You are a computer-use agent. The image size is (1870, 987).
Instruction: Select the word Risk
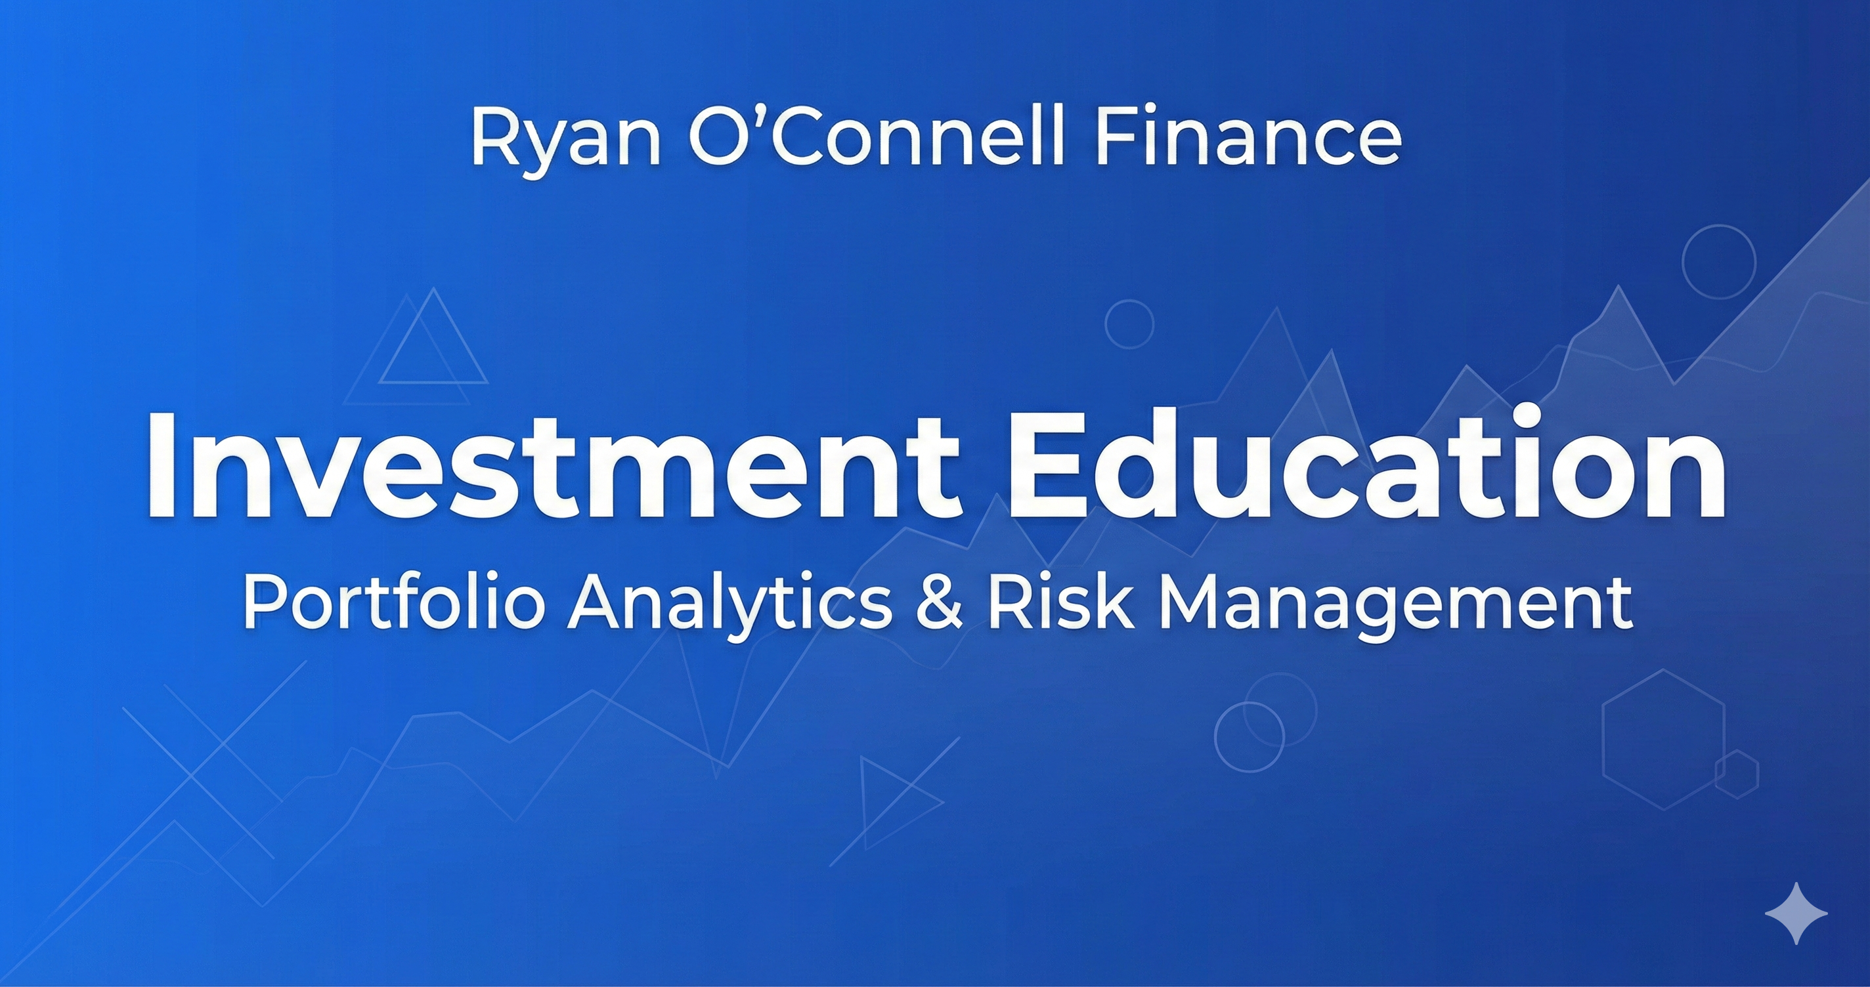point(1059,603)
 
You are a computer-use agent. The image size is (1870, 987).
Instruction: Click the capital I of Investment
point(158,465)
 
